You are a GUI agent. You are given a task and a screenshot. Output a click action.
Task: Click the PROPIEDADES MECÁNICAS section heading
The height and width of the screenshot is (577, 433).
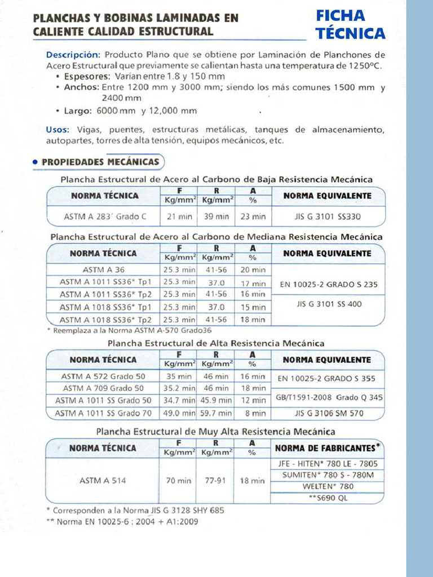(100, 162)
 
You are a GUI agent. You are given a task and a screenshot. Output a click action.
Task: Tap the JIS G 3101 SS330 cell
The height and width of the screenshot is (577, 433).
(328, 216)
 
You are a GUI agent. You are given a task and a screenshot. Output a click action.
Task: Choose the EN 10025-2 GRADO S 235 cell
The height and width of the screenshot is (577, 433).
(329, 285)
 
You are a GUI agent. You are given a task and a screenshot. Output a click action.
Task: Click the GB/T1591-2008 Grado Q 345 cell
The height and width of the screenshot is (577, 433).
(329, 397)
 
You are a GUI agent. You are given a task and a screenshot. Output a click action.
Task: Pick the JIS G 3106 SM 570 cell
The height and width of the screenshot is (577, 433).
(329, 413)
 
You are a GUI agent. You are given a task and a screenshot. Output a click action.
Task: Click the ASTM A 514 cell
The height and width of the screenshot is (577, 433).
(99, 481)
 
